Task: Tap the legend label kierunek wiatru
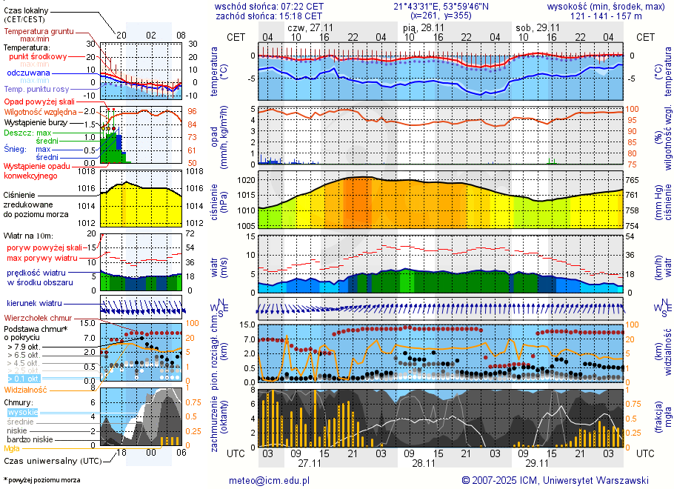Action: [x=33, y=304]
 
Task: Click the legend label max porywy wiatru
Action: [x=42, y=258]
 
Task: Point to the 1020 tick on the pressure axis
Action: [x=246, y=180]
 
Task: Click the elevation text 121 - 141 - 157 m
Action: [x=607, y=16]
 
